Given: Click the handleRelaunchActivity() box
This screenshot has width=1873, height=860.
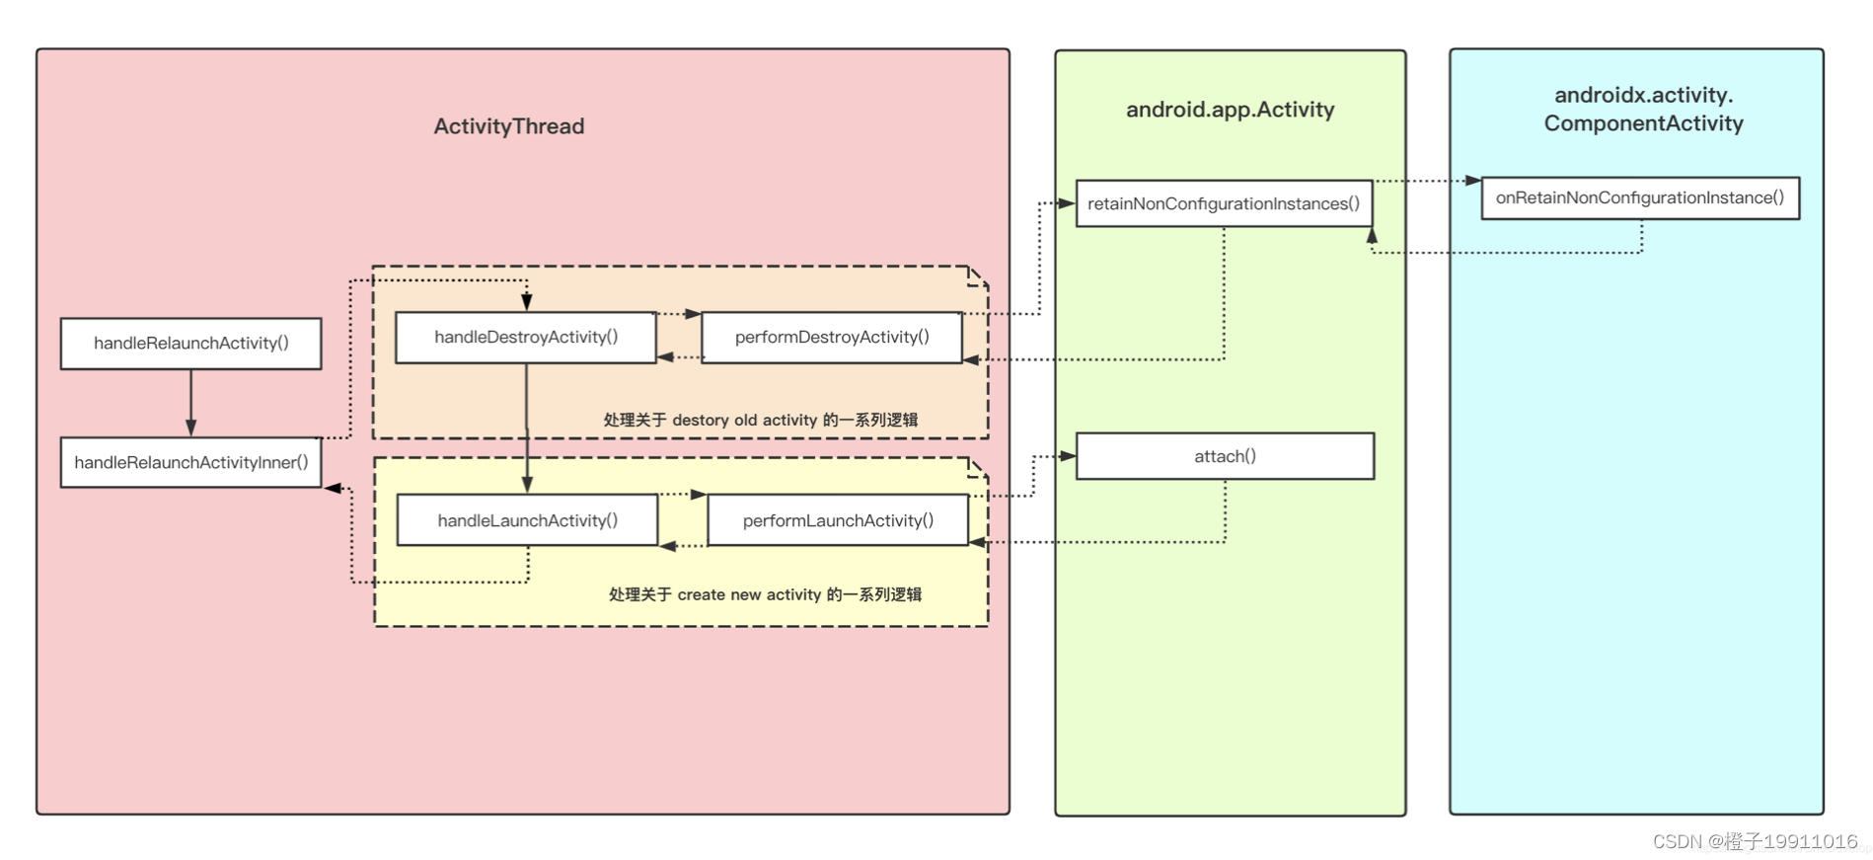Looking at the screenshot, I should [190, 344].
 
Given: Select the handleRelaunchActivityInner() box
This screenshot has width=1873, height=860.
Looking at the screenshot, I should [190, 463].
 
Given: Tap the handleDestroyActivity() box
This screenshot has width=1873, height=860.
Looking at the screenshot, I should [525, 338].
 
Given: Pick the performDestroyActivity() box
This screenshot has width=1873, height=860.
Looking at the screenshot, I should [831, 338].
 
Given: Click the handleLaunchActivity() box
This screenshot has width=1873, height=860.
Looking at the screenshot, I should [527, 520].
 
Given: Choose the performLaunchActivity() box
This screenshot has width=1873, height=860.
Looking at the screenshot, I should [837, 520].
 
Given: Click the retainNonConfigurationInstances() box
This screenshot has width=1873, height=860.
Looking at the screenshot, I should [1223, 203].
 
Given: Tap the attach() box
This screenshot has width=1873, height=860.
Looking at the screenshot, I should [1224, 456].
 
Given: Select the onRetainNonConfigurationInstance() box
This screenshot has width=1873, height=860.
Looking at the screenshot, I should [1639, 197].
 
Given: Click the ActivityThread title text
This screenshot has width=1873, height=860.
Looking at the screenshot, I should [508, 126].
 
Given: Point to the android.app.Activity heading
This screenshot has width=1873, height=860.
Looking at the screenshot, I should [1230, 110].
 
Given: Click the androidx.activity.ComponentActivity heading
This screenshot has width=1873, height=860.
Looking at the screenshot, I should [1643, 110].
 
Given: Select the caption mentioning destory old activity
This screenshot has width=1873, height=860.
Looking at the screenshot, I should [760, 420].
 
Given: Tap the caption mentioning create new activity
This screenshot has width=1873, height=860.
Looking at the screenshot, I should [765, 594].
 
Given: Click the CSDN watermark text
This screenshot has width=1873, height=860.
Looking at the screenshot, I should [1755, 841].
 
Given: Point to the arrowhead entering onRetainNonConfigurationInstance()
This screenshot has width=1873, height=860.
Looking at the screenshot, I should [1472, 181].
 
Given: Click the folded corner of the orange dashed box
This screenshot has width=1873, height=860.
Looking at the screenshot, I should [978, 275].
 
